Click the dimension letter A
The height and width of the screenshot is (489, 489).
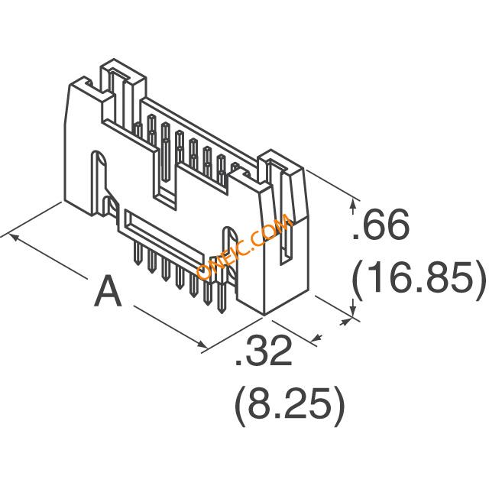click(108, 291)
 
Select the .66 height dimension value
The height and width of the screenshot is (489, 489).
click(381, 224)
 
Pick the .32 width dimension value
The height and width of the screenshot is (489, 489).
click(264, 350)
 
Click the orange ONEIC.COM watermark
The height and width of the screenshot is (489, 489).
click(244, 246)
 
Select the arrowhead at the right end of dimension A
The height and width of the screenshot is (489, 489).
click(202, 344)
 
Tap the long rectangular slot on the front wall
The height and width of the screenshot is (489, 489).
click(164, 236)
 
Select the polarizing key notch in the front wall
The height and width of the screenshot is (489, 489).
click(165, 175)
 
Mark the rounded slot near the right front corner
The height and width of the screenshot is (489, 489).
click(230, 250)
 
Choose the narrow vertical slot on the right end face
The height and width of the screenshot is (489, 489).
click(287, 243)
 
